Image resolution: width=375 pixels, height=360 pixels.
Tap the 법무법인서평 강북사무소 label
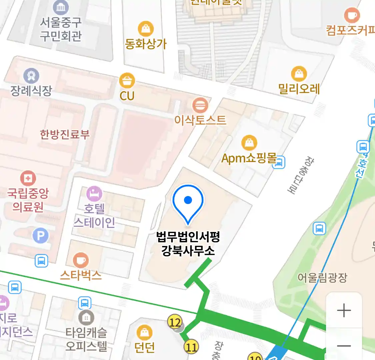188,244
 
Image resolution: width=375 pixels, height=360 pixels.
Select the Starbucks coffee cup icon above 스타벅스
81,260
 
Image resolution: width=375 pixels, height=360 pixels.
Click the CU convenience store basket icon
127,80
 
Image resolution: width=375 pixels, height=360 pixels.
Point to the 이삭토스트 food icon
200,106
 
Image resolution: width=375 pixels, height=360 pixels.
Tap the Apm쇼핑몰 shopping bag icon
249,143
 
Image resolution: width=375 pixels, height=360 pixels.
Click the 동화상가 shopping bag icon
146,29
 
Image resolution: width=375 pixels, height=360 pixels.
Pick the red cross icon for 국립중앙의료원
28,178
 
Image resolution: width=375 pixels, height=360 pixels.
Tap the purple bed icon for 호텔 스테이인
94,194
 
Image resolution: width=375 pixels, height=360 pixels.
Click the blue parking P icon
41,236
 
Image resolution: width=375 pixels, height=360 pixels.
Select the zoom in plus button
344,310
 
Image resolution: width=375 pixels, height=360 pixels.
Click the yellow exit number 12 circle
175,322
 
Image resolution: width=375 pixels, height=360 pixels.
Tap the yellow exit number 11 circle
191,347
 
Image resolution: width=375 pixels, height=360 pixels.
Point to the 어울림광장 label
322,277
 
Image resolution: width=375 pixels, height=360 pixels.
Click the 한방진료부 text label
65,134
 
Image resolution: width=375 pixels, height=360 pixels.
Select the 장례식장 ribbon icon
31,76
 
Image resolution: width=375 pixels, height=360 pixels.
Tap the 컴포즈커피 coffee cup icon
351,15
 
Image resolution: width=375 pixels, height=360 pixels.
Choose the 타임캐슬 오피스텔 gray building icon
86,318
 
